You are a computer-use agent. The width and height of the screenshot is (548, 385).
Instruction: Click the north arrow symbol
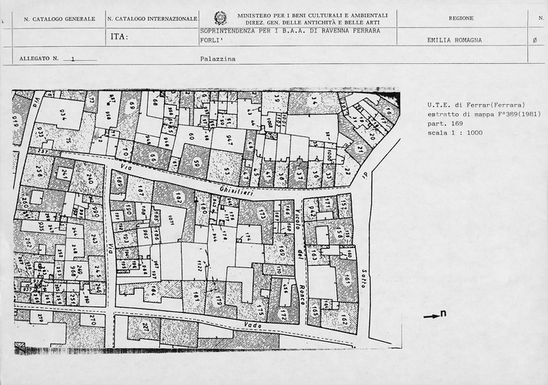(x=435, y=314)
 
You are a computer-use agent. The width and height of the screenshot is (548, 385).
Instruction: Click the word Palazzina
(x=212, y=59)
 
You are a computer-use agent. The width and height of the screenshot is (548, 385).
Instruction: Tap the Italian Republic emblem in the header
(x=220, y=18)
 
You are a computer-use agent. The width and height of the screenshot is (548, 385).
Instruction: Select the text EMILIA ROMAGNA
(x=453, y=40)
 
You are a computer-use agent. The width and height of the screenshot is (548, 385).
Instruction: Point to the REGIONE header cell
(x=460, y=18)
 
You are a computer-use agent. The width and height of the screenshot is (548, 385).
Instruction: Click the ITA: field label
(x=119, y=37)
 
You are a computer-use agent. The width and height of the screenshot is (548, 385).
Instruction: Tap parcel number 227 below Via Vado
(x=145, y=326)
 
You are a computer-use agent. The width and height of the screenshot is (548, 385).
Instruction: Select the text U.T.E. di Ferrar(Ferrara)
(x=466, y=104)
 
